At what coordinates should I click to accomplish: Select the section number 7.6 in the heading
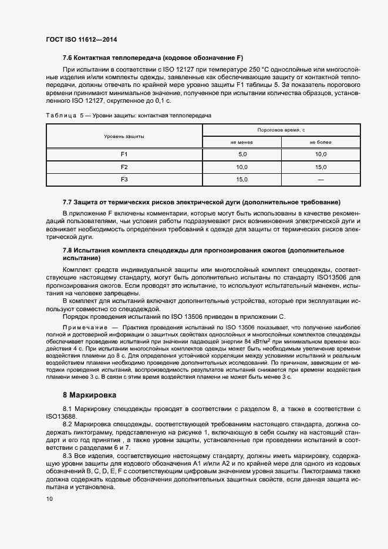(x=68, y=58)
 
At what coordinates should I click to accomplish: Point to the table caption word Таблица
(x=60, y=116)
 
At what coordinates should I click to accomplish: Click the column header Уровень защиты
(x=124, y=136)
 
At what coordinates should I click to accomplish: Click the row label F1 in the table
(x=124, y=154)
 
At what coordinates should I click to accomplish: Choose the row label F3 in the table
(x=124, y=180)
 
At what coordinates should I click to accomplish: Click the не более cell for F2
(x=321, y=167)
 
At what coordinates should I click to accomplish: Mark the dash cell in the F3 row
(x=321, y=180)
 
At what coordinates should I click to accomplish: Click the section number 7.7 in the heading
(x=68, y=202)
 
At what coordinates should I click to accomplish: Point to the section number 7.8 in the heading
(x=68, y=250)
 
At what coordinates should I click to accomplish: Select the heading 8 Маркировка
(x=89, y=395)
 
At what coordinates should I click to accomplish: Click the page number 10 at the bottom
(x=49, y=499)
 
